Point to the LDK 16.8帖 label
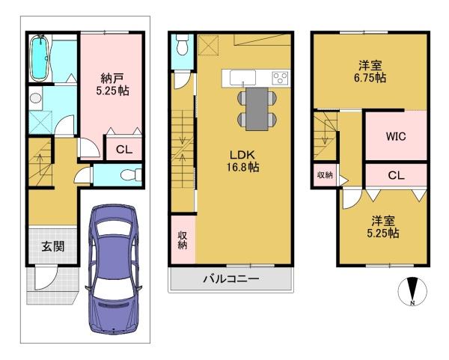244,161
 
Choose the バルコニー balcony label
230,280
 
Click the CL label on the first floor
124,149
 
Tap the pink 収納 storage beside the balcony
182,240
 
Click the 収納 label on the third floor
324,175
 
